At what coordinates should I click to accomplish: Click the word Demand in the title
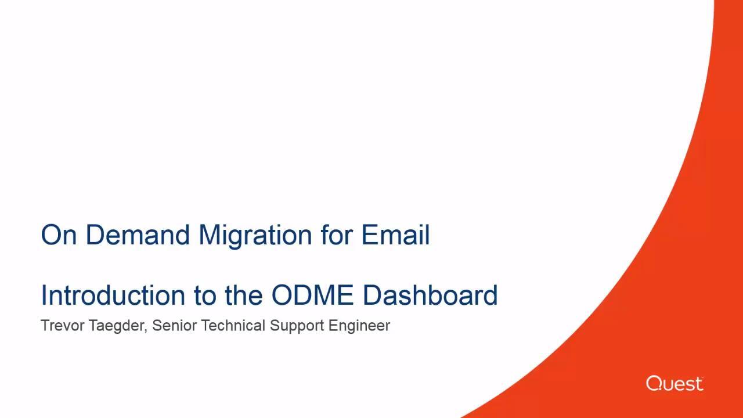tap(138, 235)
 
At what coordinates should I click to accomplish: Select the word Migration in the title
tap(255, 236)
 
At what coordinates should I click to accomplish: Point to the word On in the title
tap(59, 235)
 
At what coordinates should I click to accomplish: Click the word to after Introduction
tap(205, 296)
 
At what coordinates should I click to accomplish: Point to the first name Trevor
tap(63, 326)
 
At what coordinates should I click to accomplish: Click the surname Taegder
tap(117, 326)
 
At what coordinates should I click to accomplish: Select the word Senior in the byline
tap(175, 326)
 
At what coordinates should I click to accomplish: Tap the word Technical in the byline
tap(233, 326)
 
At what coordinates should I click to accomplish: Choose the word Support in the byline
tap(297, 326)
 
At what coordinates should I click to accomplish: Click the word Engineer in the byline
tap(359, 326)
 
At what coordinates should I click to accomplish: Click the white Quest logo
tap(675, 384)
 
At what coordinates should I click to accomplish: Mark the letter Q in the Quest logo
tap(654, 384)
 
